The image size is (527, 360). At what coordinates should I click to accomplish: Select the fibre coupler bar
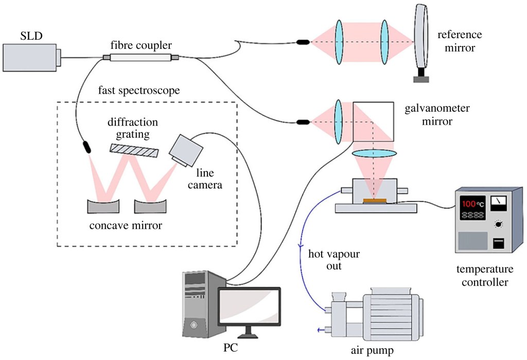click(x=140, y=57)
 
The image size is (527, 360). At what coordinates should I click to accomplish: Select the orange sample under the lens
click(x=374, y=200)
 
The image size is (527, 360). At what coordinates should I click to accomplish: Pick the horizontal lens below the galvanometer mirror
click(x=374, y=153)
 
